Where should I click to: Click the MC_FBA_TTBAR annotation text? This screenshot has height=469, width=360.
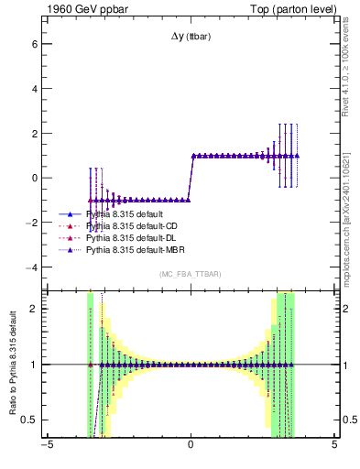[191, 274]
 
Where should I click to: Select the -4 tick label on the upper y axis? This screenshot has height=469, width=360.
[31, 267]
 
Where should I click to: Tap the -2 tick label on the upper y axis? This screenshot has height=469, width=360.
[31, 223]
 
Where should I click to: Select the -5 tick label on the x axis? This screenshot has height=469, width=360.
[47, 448]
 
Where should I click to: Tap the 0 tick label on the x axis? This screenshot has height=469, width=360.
[191, 448]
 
